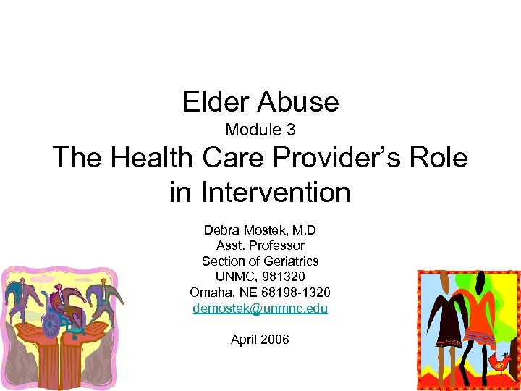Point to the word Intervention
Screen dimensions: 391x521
click(x=276, y=193)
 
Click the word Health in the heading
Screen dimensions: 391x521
click(x=151, y=159)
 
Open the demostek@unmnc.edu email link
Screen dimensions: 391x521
click(x=260, y=308)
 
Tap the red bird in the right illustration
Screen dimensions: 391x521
click(x=499, y=360)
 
